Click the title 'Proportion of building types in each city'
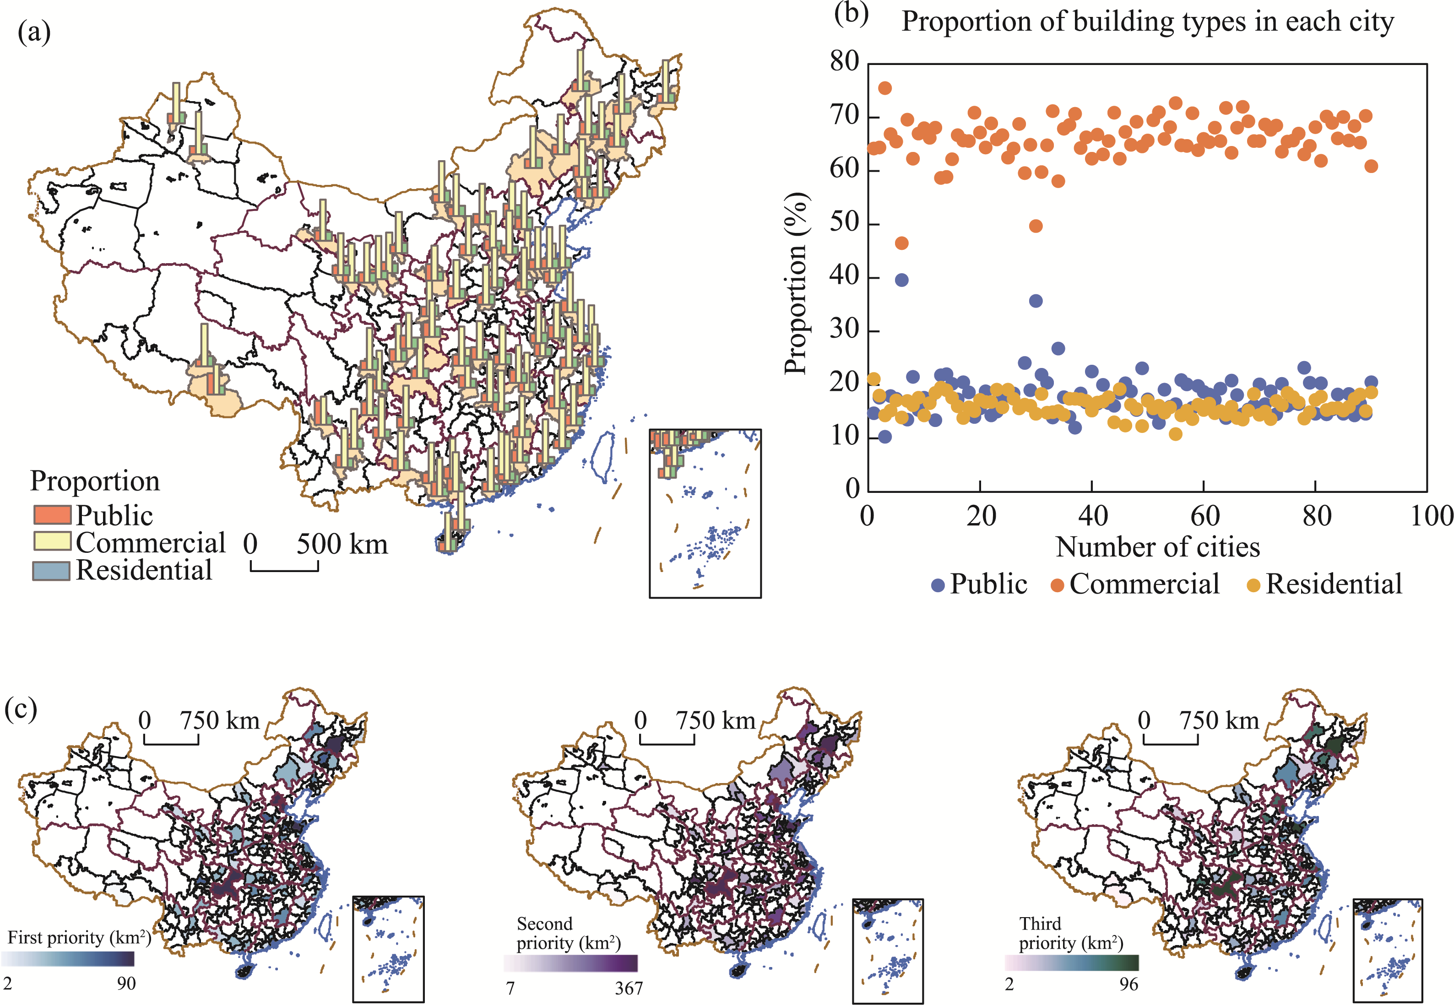click(x=1147, y=22)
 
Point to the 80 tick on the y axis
click(x=844, y=62)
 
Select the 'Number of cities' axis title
click(x=1157, y=546)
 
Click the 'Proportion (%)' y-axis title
click(x=796, y=283)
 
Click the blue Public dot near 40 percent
click(x=901, y=280)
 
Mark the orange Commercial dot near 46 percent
click(x=901, y=243)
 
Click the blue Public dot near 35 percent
click(x=1036, y=301)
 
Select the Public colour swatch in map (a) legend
click(x=52, y=514)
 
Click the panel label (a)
click(x=34, y=32)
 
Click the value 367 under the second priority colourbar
click(x=628, y=988)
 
